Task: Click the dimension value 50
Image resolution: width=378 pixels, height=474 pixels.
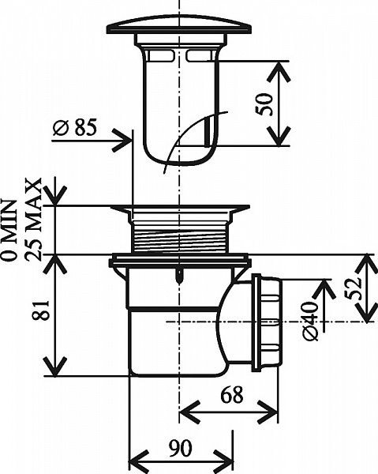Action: (264, 104)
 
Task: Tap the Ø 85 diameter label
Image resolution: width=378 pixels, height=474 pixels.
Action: (75, 127)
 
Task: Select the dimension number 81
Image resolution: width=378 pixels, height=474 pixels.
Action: (41, 310)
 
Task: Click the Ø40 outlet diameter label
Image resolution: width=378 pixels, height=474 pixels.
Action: (310, 321)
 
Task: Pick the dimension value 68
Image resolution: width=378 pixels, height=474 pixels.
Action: (232, 395)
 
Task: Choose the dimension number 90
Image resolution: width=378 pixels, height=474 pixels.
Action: (180, 448)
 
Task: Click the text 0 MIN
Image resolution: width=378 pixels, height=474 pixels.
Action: (9, 230)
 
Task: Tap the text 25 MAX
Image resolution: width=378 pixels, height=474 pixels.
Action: (33, 220)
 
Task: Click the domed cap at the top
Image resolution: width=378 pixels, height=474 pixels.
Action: (179, 24)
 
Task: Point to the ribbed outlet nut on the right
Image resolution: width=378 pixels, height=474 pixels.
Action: (268, 322)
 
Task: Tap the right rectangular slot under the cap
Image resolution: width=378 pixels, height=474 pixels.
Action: (200, 55)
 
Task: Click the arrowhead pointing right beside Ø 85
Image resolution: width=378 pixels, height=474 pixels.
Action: (122, 141)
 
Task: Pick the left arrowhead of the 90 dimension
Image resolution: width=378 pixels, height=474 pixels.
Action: (139, 462)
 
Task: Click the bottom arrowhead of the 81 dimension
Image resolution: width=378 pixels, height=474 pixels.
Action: (55, 367)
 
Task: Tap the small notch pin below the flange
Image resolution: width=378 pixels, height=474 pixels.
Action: (180, 276)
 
